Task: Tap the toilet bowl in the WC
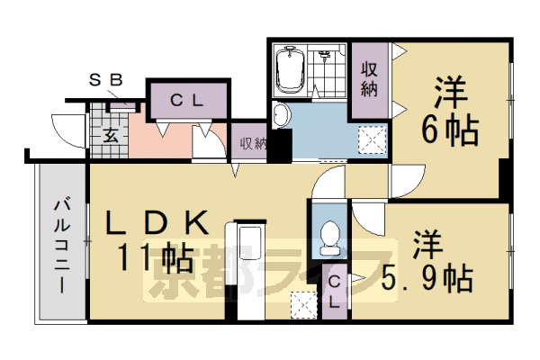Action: [x=328, y=237]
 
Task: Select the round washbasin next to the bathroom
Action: [x=281, y=114]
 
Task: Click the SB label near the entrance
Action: [x=105, y=79]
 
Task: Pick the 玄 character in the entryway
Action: [x=109, y=137]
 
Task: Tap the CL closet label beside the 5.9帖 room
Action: [x=334, y=292]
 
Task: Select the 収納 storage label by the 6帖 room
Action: [x=369, y=78]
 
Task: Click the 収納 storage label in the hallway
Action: [x=249, y=142]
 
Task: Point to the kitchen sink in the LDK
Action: [x=248, y=243]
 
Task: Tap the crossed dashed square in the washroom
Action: [x=371, y=139]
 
